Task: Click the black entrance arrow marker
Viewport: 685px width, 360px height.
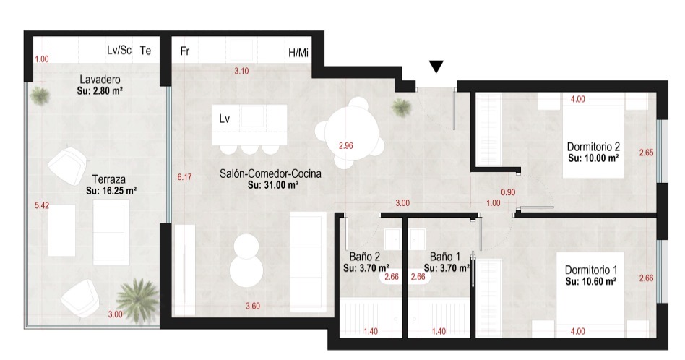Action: point(436,67)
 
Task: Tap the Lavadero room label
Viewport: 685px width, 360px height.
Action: point(100,80)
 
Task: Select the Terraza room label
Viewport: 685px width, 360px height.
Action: point(109,179)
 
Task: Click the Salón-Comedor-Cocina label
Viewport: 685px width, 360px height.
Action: point(270,173)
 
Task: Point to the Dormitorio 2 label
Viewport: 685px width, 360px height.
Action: point(593,146)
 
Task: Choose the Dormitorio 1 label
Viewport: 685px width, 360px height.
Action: point(591,270)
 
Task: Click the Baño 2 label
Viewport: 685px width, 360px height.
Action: point(364,257)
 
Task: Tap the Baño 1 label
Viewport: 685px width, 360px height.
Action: point(444,257)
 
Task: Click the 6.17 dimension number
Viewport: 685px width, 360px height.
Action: point(184,177)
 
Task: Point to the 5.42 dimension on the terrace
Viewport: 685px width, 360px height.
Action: point(42,205)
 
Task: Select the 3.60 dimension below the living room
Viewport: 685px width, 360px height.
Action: point(253,306)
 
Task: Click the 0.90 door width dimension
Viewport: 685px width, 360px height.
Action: point(508,192)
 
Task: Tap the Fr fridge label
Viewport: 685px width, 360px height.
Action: point(185,51)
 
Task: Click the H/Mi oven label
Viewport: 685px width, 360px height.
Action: point(298,53)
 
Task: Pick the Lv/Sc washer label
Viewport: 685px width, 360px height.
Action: point(119,50)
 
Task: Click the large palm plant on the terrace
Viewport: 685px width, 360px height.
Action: point(137,300)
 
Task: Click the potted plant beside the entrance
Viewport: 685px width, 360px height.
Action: point(401,107)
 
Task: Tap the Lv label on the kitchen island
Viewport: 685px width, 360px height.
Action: point(225,119)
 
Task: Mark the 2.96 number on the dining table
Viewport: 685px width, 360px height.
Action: point(346,145)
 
